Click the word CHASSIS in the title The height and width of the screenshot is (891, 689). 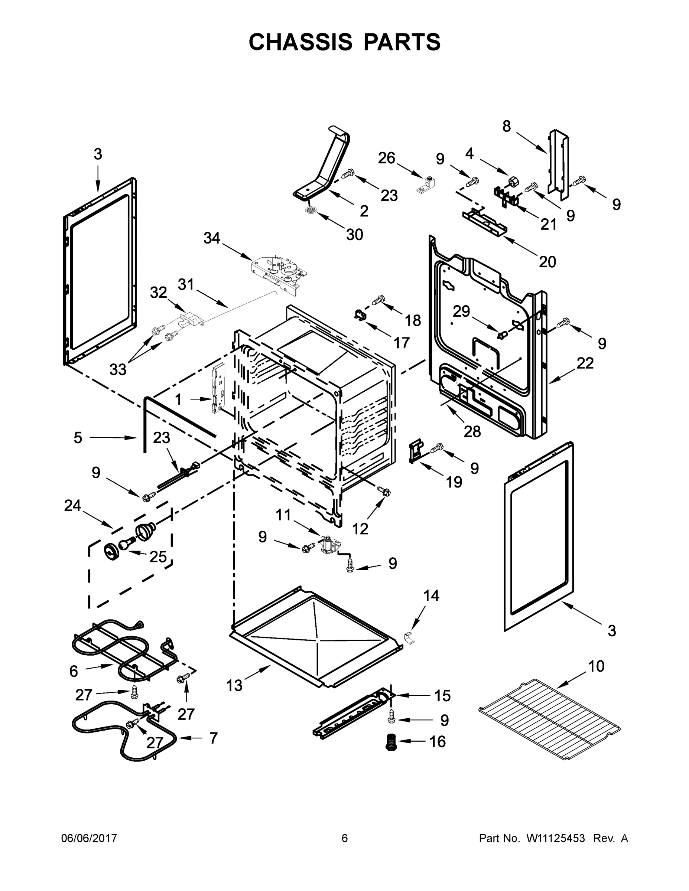(300, 42)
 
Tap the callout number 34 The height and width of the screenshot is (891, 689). (212, 238)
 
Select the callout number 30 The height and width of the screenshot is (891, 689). (354, 235)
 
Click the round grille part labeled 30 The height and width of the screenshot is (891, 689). (311, 210)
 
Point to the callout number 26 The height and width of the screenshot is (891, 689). (386, 158)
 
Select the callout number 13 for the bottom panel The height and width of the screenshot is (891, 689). (234, 686)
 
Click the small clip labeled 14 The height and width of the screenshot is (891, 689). (409, 638)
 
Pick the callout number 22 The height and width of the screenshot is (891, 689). (585, 363)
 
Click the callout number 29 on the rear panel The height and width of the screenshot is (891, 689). (461, 312)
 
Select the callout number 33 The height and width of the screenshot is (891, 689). (118, 370)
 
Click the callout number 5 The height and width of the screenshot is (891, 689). (78, 438)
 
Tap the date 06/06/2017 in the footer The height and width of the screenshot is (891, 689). (89, 838)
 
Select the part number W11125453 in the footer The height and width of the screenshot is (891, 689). (556, 838)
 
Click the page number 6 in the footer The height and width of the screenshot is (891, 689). (345, 838)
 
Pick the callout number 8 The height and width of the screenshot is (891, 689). (506, 127)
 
